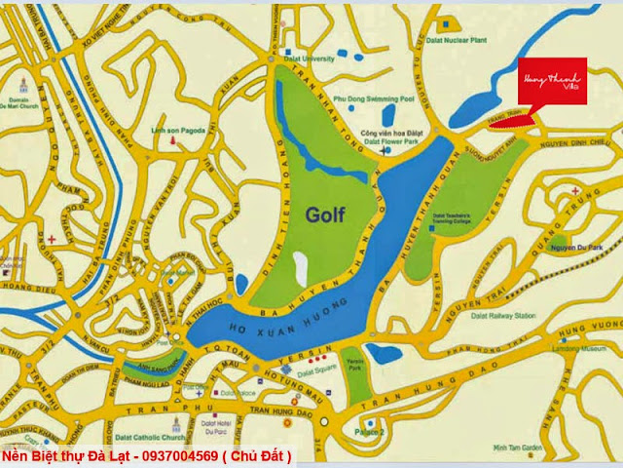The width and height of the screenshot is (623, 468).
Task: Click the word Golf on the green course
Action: click(x=330, y=213)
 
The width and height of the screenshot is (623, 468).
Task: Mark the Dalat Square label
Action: click(x=316, y=371)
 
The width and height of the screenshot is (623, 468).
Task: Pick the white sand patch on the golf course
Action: click(x=299, y=266)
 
